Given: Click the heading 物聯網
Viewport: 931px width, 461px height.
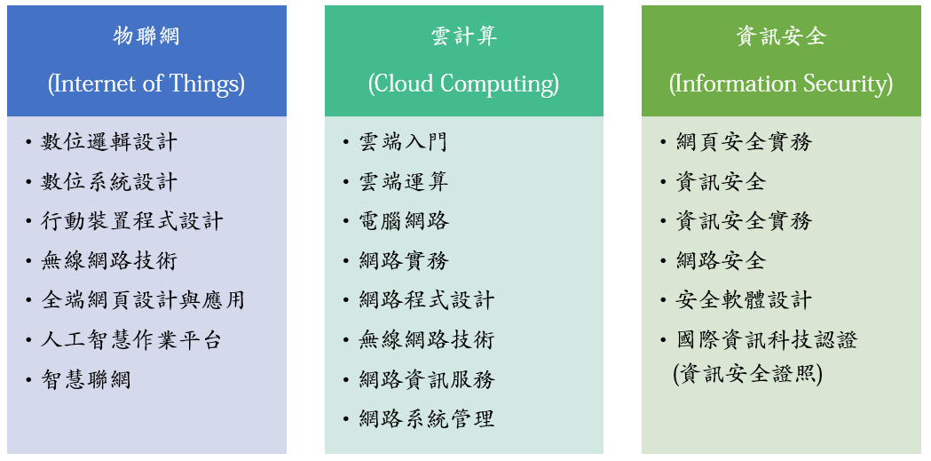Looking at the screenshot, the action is pyautogui.click(x=146, y=36).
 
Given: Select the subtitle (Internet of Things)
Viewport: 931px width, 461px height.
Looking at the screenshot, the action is pyautogui.click(x=146, y=83).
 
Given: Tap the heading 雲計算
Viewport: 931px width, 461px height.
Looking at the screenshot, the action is pyautogui.click(x=463, y=36).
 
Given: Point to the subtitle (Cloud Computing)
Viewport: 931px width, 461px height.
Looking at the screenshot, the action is pyautogui.click(x=463, y=83).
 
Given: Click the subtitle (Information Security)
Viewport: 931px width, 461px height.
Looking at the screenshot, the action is pyautogui.click(x=781, y=83).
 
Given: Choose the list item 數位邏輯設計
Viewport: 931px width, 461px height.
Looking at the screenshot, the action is pyautogui.click(x=109, y=143).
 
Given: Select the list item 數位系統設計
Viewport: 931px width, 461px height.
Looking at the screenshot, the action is pyautogui.click(x=109, y=182).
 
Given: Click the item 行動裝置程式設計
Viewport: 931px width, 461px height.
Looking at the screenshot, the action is pyautogui.click(x=132, y=221).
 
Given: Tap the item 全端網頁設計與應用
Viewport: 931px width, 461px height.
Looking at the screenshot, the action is pyautogui.click(x=143, y=300).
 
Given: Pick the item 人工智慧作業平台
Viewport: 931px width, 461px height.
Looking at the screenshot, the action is pyautogui.click(x=132, y=340).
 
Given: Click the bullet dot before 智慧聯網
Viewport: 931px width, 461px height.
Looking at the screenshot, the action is pyautogui.click(x=28, y=379).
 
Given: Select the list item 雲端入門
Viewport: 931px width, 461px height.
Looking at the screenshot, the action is pyautogui.click(x=403, y=143).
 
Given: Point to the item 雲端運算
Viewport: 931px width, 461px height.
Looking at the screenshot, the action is pyautogui.click(x=403, y=182).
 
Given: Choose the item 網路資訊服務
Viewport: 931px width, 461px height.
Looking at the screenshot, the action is pyautogui.click(x=426, y=379).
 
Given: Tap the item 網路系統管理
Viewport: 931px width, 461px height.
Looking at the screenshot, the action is pyautogui.click(x=426, y=419).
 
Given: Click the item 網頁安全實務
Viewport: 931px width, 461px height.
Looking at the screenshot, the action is pyautogui.click(x=744, y=143).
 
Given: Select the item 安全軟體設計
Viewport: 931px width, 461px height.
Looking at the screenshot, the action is pyautogui.click(x=744, y=300).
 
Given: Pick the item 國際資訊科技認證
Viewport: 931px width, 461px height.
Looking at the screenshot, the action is pyautogui.click(x=767, y=340).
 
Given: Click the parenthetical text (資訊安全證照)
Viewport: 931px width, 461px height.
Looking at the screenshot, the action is pyautogui.click(x=748, y=375).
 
